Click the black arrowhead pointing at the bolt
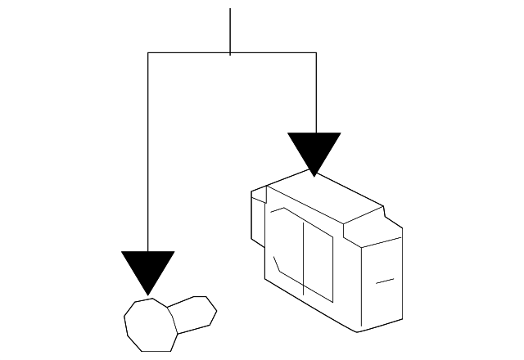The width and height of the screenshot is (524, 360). click(x=147, y=268)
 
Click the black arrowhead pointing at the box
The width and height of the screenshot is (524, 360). click(x=314, y=149)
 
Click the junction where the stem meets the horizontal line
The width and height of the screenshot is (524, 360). click(x=230, y=53)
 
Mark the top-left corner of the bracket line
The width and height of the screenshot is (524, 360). click(x=147, y=53)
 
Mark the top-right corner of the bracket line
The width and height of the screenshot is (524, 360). click(x=316, y=53)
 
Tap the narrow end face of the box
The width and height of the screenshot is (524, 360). click(x=381, y=282)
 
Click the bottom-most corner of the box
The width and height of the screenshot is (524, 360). click(x=357, y=333)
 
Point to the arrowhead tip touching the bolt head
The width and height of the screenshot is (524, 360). click(x=147, y=294)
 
